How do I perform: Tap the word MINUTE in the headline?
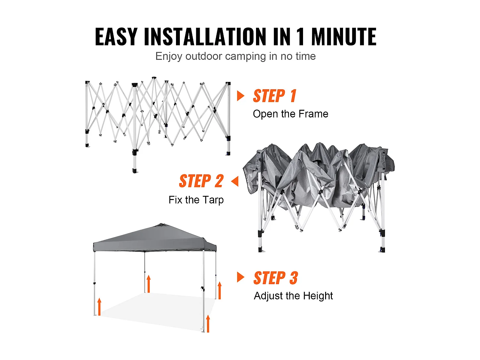tap(344, 37)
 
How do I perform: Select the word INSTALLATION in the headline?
tap(205, 37)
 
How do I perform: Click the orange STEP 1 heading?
tap(275, 96)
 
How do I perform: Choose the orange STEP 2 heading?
tap(201, 181)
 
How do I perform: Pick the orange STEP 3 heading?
tap(276, 278)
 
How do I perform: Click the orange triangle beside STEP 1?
tap(241, 96)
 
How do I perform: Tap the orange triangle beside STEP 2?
tap(235, 181)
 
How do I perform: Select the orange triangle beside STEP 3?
tap(241, 277)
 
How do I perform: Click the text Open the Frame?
tap(291, 114)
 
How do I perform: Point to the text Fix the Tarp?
tap(196, 200)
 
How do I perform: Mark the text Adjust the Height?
tap(293, 296)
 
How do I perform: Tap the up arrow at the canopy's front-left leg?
tap(100, 307)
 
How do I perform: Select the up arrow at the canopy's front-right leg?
tap(208, 324)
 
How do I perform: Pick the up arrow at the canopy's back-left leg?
tap(149, 284)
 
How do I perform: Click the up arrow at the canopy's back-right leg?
tap(220, 290)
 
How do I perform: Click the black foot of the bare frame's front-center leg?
tap(135, 171)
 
